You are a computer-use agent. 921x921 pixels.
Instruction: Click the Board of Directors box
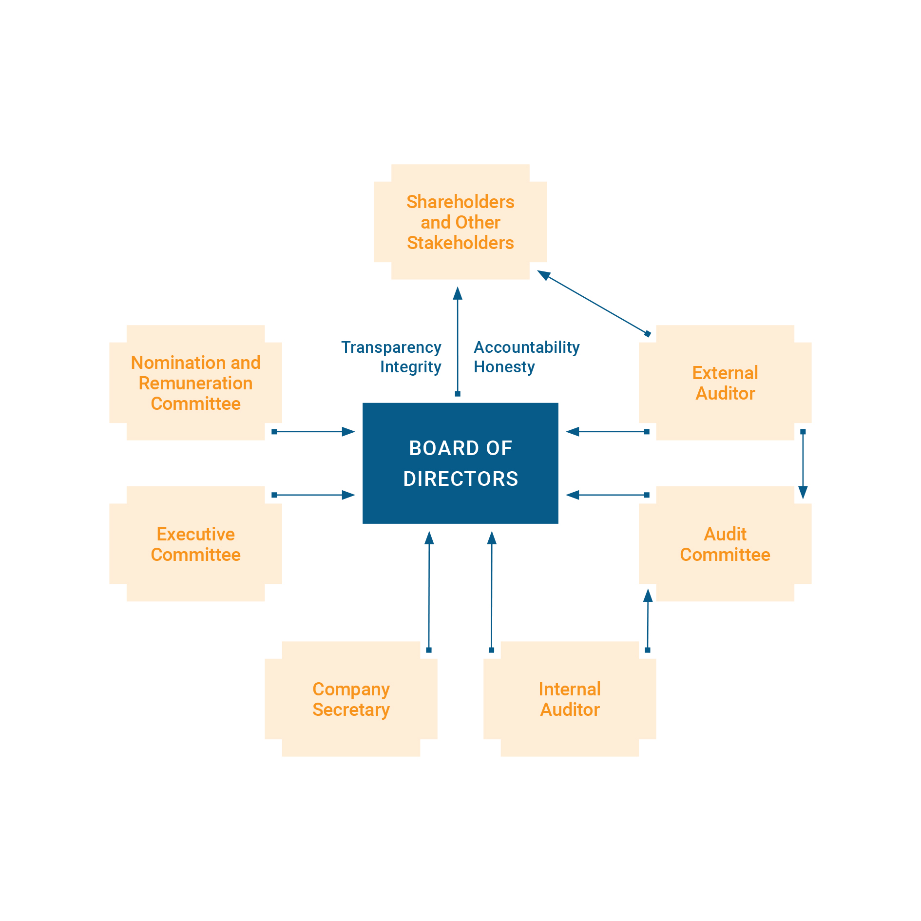(460, 463)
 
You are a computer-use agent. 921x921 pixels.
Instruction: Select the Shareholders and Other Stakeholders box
(460, 222)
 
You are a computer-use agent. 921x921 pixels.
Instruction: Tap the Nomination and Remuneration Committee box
(195, 383)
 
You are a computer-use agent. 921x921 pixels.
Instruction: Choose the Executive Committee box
(195, 544)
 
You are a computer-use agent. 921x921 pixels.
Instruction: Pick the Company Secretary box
(351, 699)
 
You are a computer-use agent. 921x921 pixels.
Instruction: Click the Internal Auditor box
(570, 699)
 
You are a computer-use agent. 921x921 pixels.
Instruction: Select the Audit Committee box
(725, 544)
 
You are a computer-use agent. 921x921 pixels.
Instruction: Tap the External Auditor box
(725, 383)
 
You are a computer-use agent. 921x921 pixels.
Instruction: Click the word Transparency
(391, 347)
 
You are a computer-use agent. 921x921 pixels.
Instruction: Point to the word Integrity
(410, 367)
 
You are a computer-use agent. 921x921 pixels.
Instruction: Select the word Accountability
(526, 347)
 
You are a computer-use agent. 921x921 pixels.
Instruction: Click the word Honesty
(504, 367)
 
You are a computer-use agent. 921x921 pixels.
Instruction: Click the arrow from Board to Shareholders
(457, 341)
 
